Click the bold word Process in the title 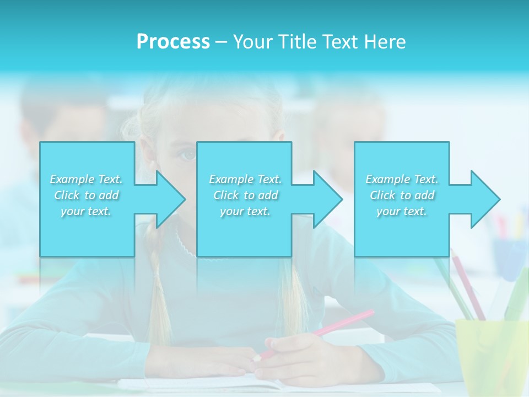pyautogui.click(x=173, y=42)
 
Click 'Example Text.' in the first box pyautogui.click(x=86, y=179)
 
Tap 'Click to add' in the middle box pyautogui.click(x=245, y=195)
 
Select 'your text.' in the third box pyautogui.click(x=401, y=211)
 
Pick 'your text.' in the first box pyautogui.click(x=86, y=211)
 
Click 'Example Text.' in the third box pyautogui.click(x=402, y=179)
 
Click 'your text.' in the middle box pyautogui.click(x=245, y=211)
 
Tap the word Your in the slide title pyautogui.click(x=251, y=42)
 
